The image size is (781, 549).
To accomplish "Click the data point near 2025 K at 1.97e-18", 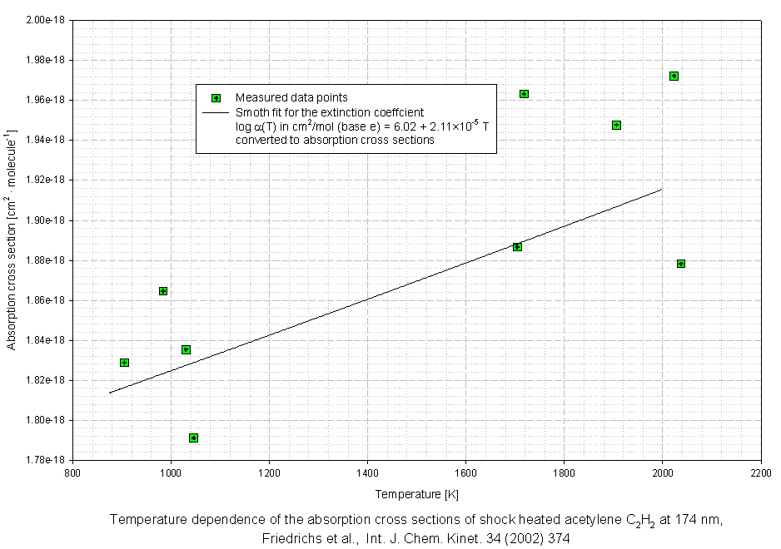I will pos(674,77).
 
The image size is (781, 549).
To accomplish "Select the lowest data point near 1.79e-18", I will pos(193,438).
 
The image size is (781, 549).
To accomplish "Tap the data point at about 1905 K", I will pos(616,126).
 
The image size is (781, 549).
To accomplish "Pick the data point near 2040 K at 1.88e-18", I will pos(681,264).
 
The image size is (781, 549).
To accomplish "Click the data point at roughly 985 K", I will pos(163,291).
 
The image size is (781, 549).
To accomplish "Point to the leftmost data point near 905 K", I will pos(124,363).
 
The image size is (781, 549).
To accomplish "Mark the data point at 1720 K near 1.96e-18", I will pos(524,94).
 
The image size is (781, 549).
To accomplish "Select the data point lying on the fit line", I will pos(517,247).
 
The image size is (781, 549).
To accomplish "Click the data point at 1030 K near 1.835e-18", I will pos(186,349).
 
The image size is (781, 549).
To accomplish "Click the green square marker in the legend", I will pos(216,98).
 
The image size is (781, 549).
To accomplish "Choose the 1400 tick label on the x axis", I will pos(367,472).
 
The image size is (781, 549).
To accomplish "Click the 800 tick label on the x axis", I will pos(73,472).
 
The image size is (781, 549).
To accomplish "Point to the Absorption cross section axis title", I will pos(12,239).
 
